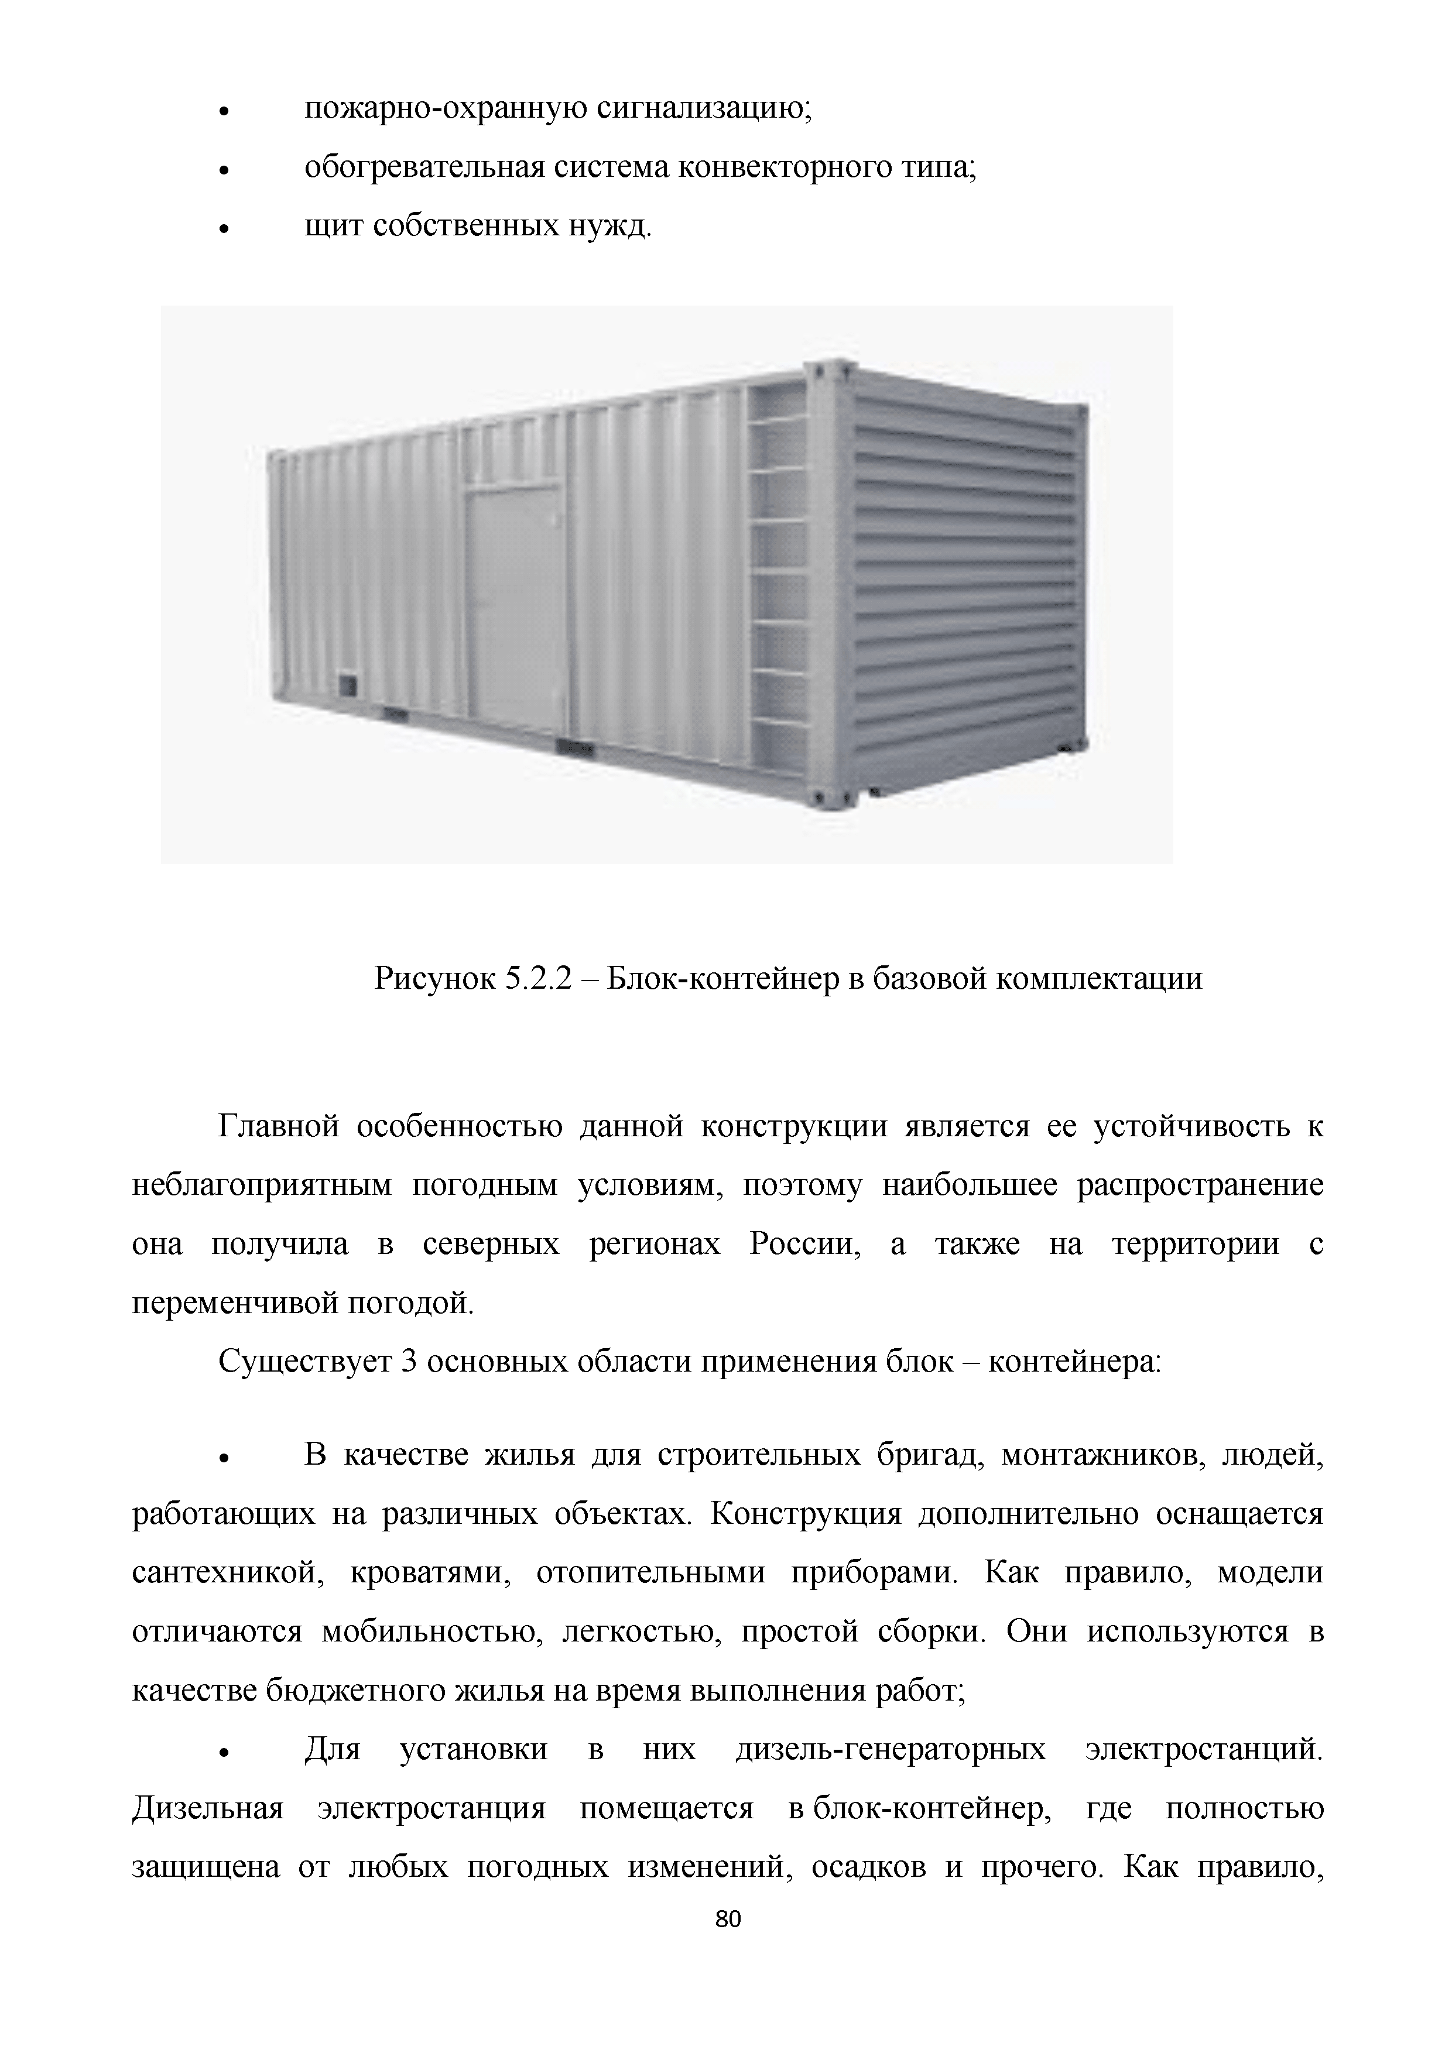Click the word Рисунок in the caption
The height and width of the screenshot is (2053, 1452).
433,979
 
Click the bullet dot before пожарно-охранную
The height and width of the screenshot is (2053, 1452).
225,112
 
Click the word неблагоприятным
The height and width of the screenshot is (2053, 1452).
262,1185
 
